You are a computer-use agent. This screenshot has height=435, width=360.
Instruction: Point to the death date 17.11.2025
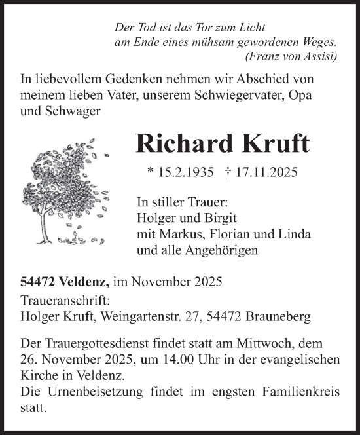pos(269,174)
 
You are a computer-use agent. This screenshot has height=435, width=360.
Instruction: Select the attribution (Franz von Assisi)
pos(291,56)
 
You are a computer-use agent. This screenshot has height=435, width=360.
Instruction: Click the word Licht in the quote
pos(251,28)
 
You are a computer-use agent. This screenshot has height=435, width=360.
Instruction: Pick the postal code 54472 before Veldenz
pos(37,283)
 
